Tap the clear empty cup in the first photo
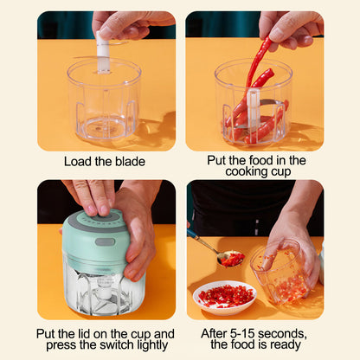click(x=104, y=104)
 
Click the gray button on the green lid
click(x=105, y=241)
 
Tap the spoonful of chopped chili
click(x=231, y=259)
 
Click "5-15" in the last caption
click(x=240, y=333)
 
